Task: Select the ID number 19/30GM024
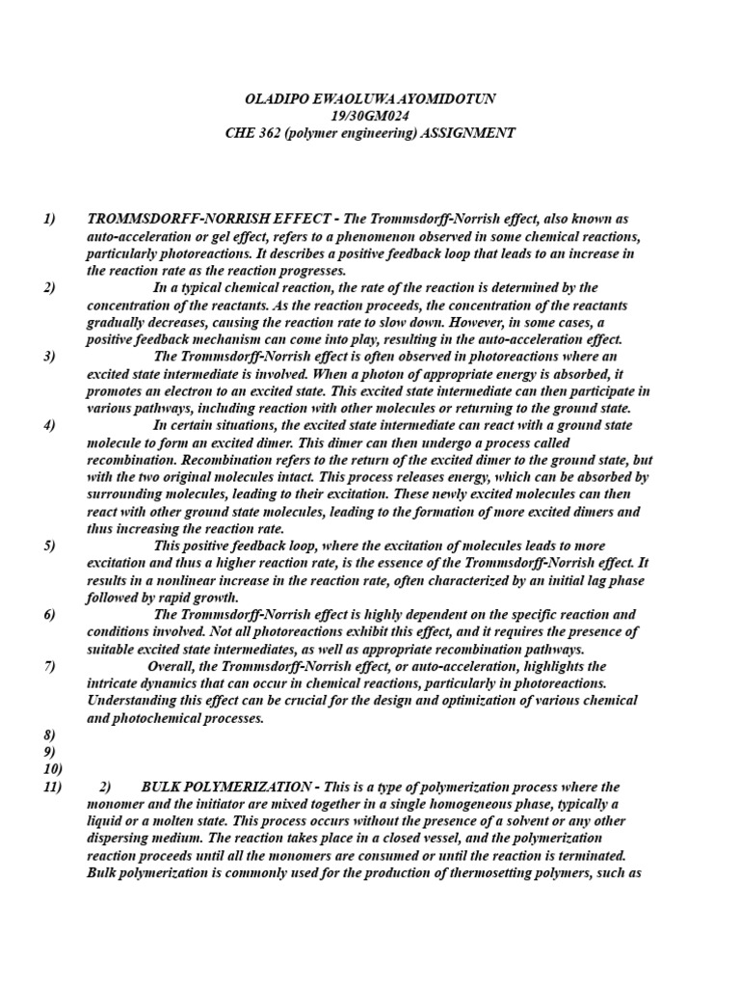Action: [x=371, y=117]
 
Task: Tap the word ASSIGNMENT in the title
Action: [x=468, y=133]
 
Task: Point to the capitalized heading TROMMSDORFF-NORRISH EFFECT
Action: [x=200, y=220]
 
